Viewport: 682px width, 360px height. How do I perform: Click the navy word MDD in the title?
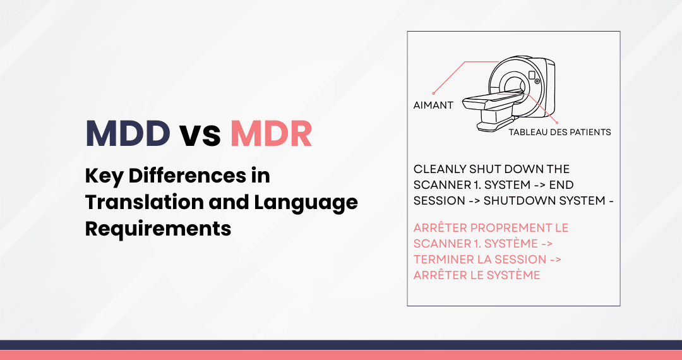[x=128, y=133]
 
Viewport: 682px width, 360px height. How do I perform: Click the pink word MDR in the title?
[x=271, y=133]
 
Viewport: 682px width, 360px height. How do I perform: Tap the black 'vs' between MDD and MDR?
[x=200, y=135]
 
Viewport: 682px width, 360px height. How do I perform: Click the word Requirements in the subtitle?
[x=158, y=229]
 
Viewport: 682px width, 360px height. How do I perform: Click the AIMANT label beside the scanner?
[x=433, y=105]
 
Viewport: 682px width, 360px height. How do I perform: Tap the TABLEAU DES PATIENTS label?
[x=559, y=132]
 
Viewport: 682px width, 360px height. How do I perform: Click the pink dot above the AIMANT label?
[x=433, y=93]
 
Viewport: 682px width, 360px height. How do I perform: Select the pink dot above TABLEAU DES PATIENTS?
[x=557, y=123]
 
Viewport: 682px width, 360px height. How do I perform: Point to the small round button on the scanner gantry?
[x=537, y=81]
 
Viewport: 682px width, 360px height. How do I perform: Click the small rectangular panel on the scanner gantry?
[x=532, y=74]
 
